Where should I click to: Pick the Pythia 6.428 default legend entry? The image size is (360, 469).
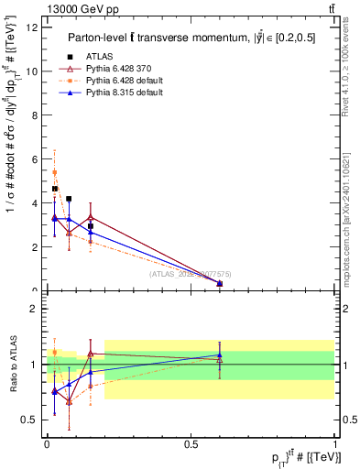click(x=111, y=81)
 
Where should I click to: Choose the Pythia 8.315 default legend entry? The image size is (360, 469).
click(x=111, y=93)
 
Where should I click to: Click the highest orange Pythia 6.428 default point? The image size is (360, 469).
click(x=55, y=172)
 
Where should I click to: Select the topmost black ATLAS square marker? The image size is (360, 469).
click(x=55, y=189)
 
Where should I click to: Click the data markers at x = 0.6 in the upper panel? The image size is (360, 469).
click(x=219, y=284)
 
